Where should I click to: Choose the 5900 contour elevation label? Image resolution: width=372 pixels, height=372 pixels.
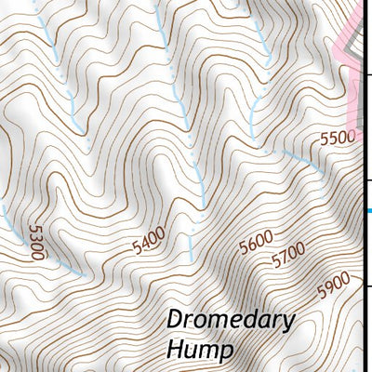pyautogui.click(x=333, y=283)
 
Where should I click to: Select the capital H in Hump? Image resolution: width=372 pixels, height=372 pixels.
pyautogui.click(x=175, y=350)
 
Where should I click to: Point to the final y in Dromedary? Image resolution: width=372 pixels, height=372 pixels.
pyautogui.click(x=288, y=324)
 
